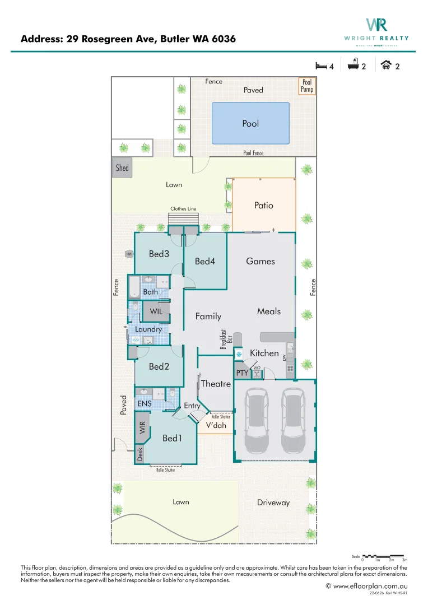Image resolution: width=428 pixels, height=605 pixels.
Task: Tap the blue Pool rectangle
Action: (x=250, y=123)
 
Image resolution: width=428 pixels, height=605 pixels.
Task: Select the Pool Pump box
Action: (x=307, y=86)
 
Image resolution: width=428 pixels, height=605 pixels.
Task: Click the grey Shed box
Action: (x=122, y=167)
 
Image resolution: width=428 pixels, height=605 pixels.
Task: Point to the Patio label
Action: (x=263, y=205)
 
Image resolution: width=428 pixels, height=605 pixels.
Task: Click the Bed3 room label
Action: (x=159, y=254)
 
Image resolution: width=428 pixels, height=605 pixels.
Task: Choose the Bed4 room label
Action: (x=205, y=261)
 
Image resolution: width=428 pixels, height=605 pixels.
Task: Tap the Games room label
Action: (x=260, y=261)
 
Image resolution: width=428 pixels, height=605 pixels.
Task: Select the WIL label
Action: (x=156, y=311)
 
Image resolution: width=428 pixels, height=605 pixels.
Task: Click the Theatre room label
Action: (x=216, y=384)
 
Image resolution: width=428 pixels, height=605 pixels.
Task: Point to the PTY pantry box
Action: (x=242, y=373)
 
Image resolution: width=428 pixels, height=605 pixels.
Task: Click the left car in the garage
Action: (x=258, y=421)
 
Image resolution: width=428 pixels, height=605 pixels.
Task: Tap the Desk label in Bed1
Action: (x=140, y=454)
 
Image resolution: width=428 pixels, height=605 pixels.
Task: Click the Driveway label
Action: (x=273, y=502)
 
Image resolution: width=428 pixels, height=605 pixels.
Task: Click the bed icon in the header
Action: (x=320, y=66)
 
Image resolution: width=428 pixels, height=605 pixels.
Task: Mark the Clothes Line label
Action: (x=184, y=209)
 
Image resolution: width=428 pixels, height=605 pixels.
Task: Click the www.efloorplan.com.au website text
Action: (x=370, y=586)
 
